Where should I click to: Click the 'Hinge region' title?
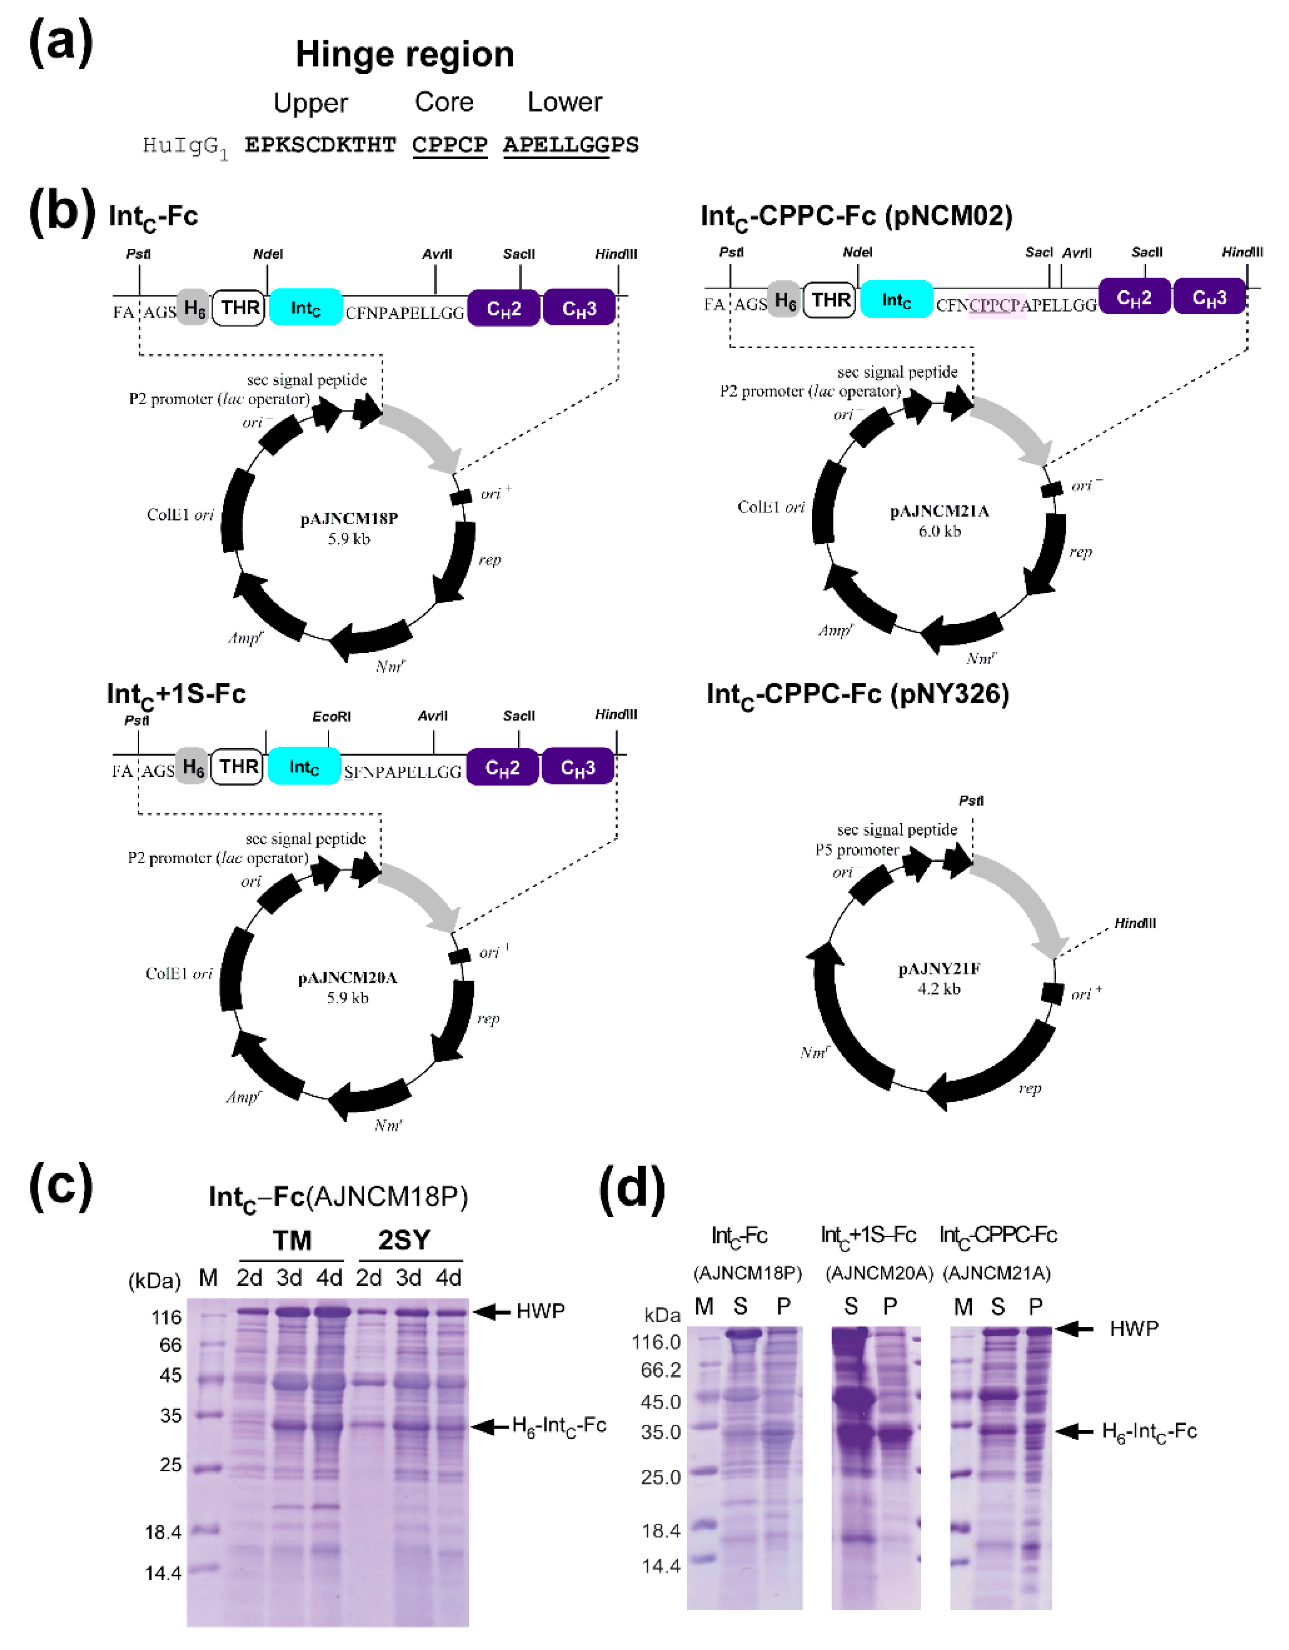tap(405, 54)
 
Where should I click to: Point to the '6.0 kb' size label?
tap(940, 531)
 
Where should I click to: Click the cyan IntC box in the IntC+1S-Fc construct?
tap(304, 768)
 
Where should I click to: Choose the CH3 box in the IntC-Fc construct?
tap(579, 308)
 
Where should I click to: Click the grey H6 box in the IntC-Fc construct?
tap(193, 307)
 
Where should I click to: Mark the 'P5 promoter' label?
tap(856, 850)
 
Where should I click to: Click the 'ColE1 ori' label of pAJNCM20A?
tap(179, 974)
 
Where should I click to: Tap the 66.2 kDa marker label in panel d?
tap(661, 1370)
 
